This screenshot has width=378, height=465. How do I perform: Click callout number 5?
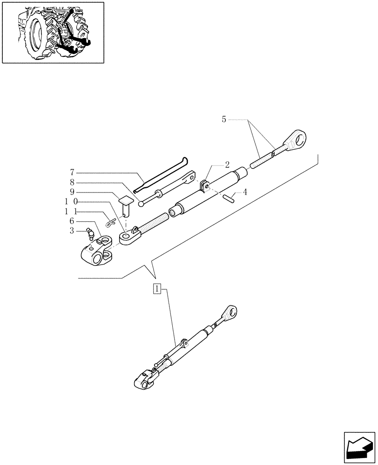pyautogui.click(x=224, y=120)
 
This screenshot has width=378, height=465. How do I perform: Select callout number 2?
pyautogui.click(x=227, y=164)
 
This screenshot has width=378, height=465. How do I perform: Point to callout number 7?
pyautogui.click(x=72, y=173)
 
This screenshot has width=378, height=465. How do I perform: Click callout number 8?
pyautogui.click(x=72, y=182)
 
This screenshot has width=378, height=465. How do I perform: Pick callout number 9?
pyautogui.click(x=72, y=192)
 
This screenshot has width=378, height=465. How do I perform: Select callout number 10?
pyautogui.click(x=71, y=202)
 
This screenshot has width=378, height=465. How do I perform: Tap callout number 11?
pyautogui.click(x=71, y=212)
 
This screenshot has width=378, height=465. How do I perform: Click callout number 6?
pyautogui.click(x=72, y=221)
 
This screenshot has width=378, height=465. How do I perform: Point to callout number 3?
pyautogui.click(x=72, y=231)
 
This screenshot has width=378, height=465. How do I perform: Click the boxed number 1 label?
pyautogui.click(x=157, y=289)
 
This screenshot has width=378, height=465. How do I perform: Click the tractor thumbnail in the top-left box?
pyautogui.click(x=53, y=32)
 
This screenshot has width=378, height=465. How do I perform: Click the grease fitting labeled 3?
pyautogui.click(x=91, y=233)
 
